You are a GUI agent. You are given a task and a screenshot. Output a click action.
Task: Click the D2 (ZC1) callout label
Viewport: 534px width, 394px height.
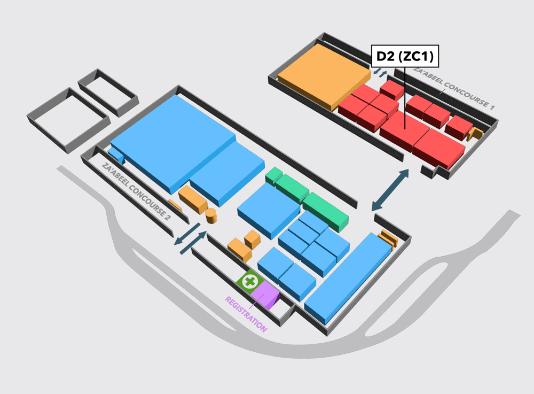tap(405, 56)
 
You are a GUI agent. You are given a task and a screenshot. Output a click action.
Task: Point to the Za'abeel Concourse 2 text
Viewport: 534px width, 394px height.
tap(136, 191)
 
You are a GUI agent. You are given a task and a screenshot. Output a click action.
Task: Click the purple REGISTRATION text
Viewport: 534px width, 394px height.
tap(246, 314)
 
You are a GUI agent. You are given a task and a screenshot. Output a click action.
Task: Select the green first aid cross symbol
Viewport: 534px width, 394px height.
tap(250, 282)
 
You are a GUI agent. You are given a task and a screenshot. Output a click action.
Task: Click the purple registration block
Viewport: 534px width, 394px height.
tap(265, 295)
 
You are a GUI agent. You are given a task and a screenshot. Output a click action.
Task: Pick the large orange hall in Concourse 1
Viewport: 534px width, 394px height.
tap(324, 76)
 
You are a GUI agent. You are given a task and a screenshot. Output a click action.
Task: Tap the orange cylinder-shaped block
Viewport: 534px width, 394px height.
tap(211, 216)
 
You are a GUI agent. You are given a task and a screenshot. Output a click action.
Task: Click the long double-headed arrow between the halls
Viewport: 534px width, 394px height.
tap(390, 190)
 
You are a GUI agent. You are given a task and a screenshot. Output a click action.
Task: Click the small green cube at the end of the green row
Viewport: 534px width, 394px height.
tap(274, 175)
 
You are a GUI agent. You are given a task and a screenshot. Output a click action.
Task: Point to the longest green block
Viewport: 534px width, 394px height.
tap(326, 212)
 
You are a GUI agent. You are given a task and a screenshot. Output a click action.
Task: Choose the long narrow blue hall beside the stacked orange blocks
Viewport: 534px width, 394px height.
tap(348, 278)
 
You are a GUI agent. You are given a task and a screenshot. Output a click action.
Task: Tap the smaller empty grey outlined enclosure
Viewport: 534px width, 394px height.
tap(108, 92)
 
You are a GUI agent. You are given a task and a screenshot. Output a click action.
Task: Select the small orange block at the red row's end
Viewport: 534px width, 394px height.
tap(475, 134)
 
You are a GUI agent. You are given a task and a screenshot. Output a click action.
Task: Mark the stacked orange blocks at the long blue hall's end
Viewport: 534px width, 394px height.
tap(389, 240)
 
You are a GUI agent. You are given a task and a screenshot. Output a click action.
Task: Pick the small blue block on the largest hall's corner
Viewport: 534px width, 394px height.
tap(116, 155)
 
